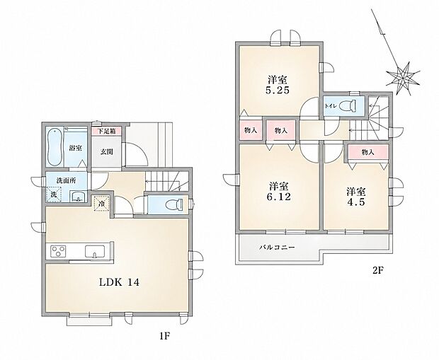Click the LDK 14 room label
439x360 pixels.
tap(119, 282)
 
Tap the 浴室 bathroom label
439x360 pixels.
tap(75, 148)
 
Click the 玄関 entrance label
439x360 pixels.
tap(107, 152)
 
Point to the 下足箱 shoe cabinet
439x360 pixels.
tap(107, 131)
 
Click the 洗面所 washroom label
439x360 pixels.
tap(66, 180)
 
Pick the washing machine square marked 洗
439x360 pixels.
tap(54, 194)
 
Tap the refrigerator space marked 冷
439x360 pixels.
tap(102, 204)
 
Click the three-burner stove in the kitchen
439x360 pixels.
tap(58, 250)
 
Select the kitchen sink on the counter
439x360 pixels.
tap(95, 251)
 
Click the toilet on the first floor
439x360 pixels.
tap(173, 204)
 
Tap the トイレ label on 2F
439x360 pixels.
tap(330, 106)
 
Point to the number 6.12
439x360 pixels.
tap(278, 197)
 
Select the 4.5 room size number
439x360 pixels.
tap(356, 202)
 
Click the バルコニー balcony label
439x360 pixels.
tap(277, 248)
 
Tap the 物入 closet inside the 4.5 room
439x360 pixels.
tap(368, 153)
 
